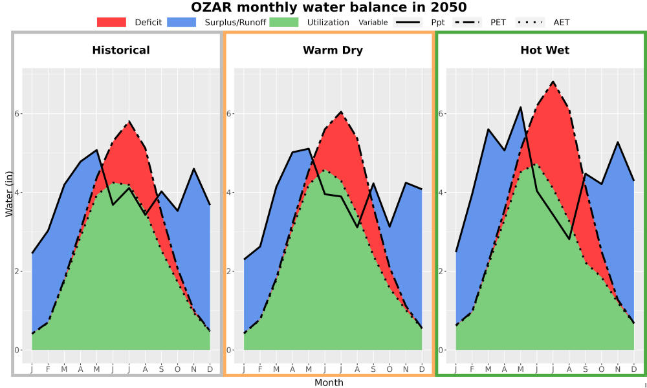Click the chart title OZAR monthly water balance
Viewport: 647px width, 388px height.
pos(329,7)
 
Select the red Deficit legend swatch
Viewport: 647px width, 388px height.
pos(111,22)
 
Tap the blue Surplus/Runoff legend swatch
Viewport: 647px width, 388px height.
pos(182,22)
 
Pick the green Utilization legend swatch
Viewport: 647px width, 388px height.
pos(284,22)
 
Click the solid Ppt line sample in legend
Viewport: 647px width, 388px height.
pos(408,22)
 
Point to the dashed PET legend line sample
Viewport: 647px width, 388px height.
pos(466,22)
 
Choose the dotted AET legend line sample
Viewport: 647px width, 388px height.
pos(530,22)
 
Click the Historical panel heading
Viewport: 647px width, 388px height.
pos(121,50)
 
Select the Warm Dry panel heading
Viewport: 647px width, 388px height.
pos(333,50)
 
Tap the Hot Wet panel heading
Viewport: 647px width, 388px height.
pos(545,50)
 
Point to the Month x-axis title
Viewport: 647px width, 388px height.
pos(329,383)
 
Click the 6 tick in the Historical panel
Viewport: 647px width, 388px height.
pos(17,113)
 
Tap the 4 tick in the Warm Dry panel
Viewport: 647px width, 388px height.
pos(228,193)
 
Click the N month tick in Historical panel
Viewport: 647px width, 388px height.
pos(193,369)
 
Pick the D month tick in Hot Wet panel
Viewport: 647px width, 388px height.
pos(634,369)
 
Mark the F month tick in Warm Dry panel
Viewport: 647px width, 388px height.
pos(260,369)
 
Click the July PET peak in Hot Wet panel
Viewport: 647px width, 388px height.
pos(553,81)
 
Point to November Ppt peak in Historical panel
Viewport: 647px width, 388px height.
pos(193,168)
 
